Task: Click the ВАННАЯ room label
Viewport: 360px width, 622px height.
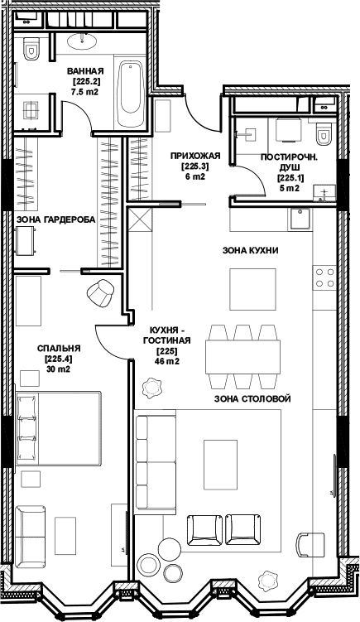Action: point(85,71)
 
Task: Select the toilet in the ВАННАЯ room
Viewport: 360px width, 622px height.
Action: point(31,48)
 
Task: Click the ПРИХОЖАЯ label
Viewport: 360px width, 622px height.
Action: point(195,156)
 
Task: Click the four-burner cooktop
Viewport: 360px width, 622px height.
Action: point(324,277)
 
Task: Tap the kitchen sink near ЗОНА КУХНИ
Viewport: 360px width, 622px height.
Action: point(300,219)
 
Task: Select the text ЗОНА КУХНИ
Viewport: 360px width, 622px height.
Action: point(250,250)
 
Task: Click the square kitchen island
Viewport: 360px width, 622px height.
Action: point(252,289)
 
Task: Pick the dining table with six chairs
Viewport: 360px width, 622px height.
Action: point(242,357)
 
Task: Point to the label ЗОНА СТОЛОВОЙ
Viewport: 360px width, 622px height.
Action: point(252,399)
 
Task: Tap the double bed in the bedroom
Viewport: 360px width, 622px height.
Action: point(58,428)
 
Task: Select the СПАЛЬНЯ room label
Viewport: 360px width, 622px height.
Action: point(59,349)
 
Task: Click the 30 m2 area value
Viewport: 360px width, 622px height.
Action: point(58,369)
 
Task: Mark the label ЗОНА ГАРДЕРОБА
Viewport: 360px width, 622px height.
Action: point(55,219)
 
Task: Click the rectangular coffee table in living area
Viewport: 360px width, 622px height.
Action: point(220,465)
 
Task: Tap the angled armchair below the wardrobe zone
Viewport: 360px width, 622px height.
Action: point(100,293)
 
